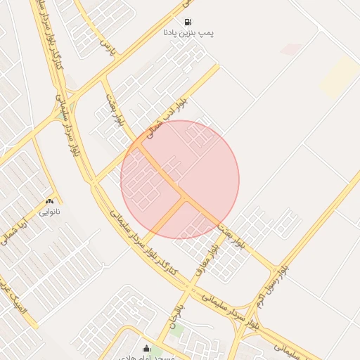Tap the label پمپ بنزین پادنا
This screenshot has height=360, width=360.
point(188,33)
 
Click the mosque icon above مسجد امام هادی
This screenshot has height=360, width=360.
point(146,348)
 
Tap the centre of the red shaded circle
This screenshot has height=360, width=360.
point(180,179)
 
